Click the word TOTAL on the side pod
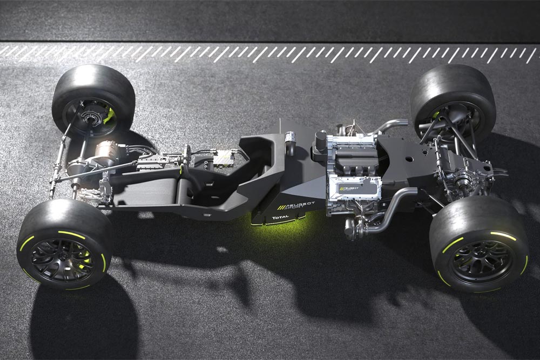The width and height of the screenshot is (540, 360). [281, 218]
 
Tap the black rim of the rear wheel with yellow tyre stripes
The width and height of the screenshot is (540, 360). [479, 261]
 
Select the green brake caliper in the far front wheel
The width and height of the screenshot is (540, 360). [110, 114]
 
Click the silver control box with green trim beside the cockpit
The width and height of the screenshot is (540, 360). [222, 158]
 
